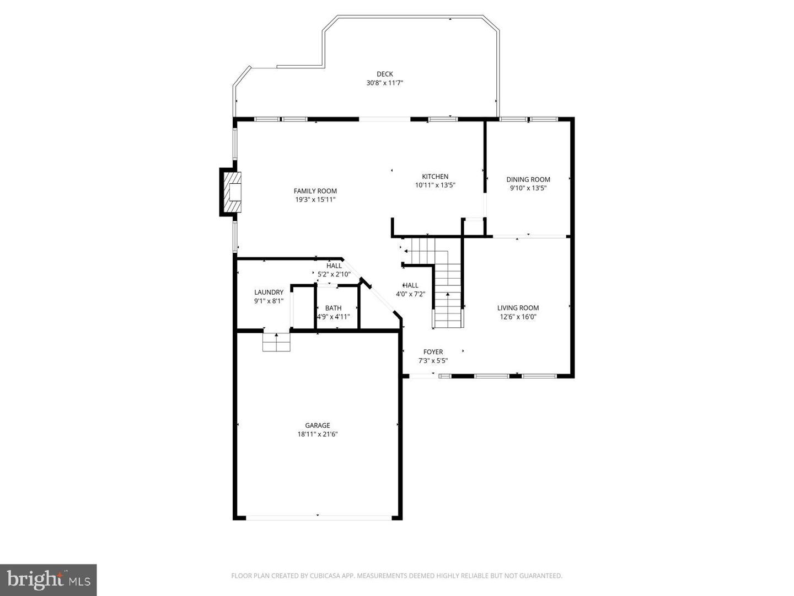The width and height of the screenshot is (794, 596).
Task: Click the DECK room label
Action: [x=384, y=74]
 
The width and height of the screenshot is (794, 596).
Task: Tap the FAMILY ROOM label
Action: [x=315, y=191]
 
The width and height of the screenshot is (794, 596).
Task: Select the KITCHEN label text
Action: [x=435, y=177]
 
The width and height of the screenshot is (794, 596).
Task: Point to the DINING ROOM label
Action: [x=528, y=179]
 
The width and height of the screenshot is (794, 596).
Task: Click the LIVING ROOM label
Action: [x=518, y=308]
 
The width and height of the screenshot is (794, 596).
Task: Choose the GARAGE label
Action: [x=318, y=425]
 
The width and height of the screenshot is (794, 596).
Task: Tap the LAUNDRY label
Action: [x=269, y=292]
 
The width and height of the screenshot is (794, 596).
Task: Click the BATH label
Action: [x=333, y=308]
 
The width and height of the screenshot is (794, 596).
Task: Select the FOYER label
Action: [x=433, y=352]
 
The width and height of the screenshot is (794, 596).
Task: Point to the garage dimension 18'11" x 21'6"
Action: [x=318, y=434]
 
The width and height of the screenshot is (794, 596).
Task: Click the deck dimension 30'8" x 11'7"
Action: [x=385, y=83]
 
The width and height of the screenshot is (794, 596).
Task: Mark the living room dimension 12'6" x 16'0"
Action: [x=518, y=317]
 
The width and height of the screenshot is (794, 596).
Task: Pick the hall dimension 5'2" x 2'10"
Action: [x=334, y=274]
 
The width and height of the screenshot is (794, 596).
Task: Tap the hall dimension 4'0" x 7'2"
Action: [x=410, y=294]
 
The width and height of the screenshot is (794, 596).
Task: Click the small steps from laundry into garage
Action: [x=276, y=342]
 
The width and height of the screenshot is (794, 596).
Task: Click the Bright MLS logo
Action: [x=48, y=579]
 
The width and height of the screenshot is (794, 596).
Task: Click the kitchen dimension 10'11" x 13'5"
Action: [x=435, y=185]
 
